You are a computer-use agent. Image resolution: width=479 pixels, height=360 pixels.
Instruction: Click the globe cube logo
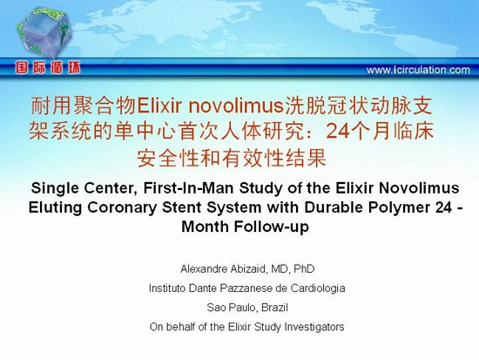(44, 33)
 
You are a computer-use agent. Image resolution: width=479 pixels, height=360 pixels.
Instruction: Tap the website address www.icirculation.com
(418, 70)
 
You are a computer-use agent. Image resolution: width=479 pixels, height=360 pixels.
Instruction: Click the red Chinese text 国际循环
(48, 68)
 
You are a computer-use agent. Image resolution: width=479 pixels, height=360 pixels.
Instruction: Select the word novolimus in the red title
(236, 106)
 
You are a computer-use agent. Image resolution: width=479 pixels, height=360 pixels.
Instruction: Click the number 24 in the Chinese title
(337, 132)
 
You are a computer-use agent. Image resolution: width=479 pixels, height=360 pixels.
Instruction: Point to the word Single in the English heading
(55, 188)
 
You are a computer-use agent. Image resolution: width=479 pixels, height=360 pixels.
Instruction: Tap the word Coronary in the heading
(122, 207)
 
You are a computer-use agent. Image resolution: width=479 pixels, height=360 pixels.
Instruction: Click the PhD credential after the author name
(304, 269)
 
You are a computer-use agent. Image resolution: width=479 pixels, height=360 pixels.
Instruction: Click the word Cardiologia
(318, 289)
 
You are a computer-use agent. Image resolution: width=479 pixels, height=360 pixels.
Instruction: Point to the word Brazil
(274, 308)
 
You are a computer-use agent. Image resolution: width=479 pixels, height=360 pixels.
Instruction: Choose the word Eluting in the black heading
(55, 208)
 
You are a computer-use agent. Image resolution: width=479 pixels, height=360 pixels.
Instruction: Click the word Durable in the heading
(334, 207)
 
